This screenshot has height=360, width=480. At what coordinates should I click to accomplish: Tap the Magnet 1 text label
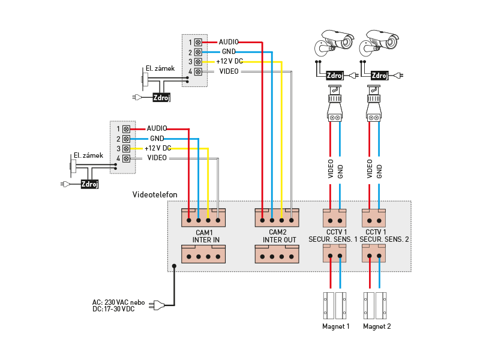point(335,327)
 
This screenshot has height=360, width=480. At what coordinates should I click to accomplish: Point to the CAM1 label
point(204,232)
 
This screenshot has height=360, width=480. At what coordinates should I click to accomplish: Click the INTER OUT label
point(279,240)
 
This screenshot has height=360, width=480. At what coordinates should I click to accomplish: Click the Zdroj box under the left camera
point(335,76)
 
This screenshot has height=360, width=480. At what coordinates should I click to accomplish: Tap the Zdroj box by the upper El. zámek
point(161,97)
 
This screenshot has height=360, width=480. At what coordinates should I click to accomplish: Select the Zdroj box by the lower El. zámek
point(89,184)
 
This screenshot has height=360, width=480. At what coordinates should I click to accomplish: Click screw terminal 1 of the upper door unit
point(198,43)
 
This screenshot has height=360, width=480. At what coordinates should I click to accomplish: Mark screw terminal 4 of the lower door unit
point(126,158)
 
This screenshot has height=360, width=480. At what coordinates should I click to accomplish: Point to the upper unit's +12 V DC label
point(229,62)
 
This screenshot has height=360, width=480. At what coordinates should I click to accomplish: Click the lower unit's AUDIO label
point(157,128)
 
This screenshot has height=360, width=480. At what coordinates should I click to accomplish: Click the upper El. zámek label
point(160,68)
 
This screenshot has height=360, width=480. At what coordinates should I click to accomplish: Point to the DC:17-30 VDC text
point(113,309)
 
